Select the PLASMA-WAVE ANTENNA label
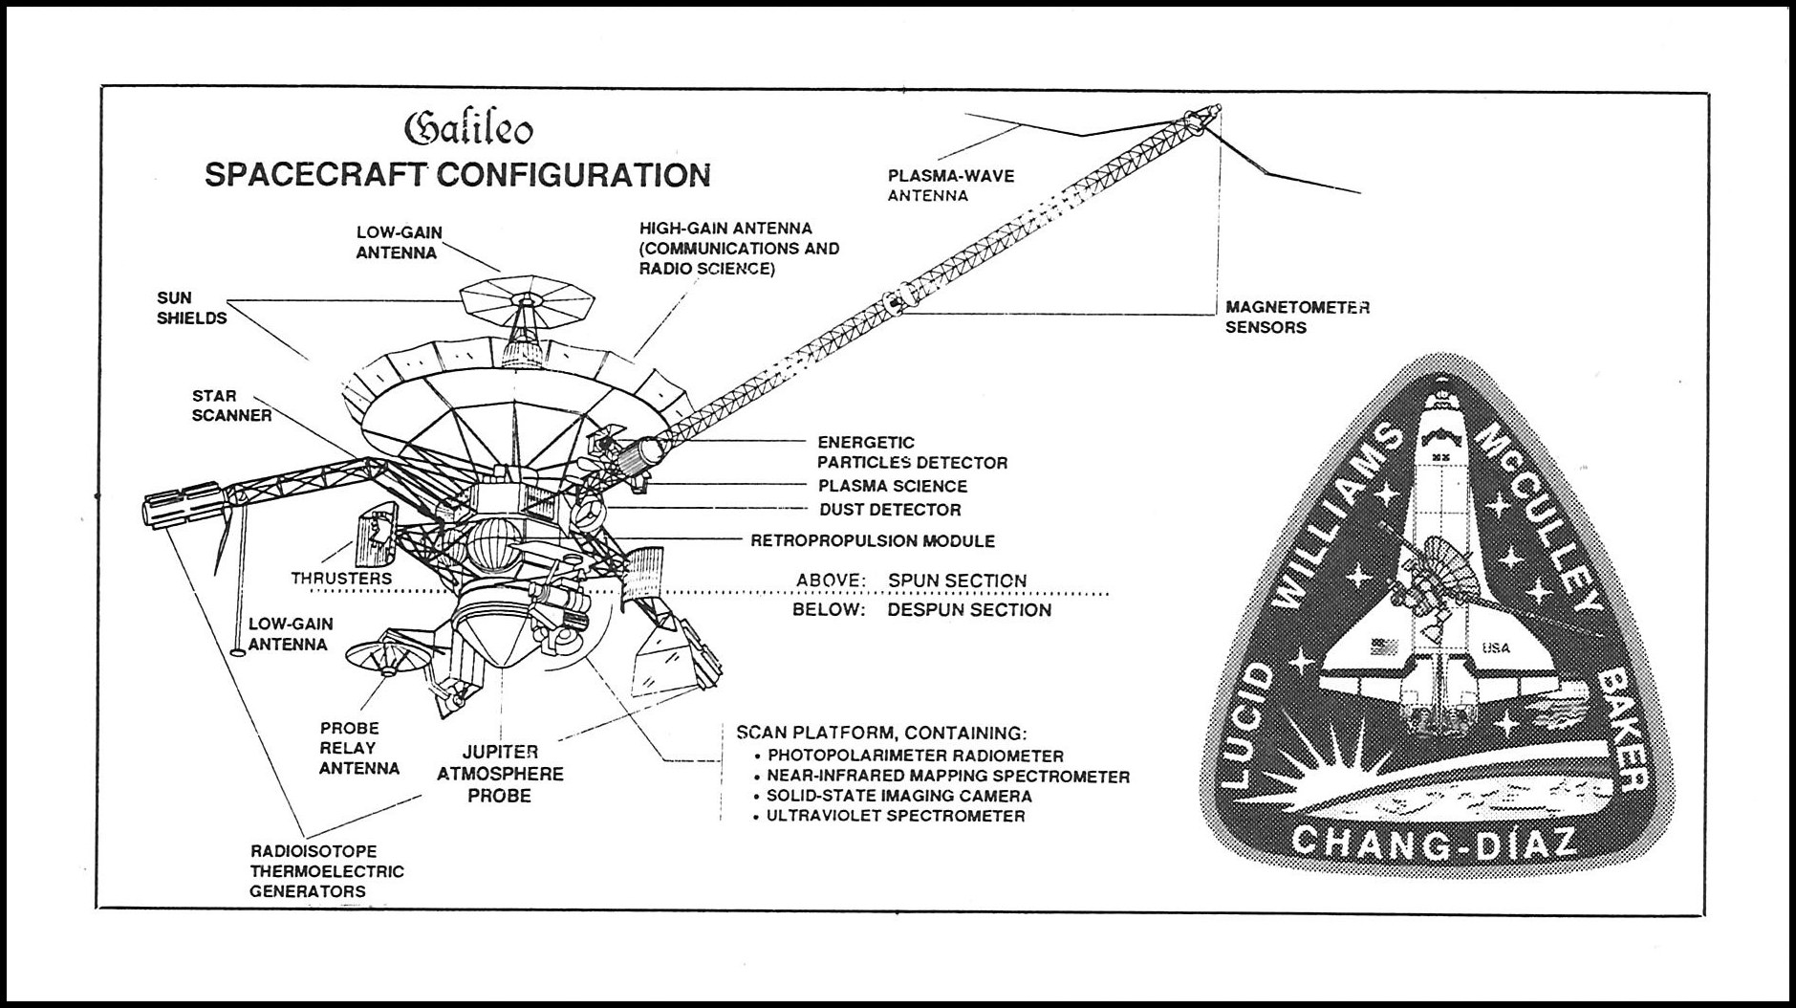pyautogui.click(x=951, y=186)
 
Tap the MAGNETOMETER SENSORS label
pyautogui.click(x=1298, y=317)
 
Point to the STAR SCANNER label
pyautogui.click(x=231, y=405)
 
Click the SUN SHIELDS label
pyautogui.click(x=192, y=307)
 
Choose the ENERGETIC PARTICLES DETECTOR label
pyautogui.click(x=912, y=452)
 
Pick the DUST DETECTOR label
pyautogui.click(x=890, y=510)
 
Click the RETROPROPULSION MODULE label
pyautogui.click(x=873, y=540)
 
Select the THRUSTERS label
pyautogui.click(x=341, y=578)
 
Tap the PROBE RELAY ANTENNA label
pyautogui.click(x=359, y=748)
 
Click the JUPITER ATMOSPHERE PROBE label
pyautogui.click(x=500, y=774)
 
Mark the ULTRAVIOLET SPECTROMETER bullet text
pyautogui.click(x=896, y=816)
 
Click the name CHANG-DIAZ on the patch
pyautogui.click(x=1431, y=844)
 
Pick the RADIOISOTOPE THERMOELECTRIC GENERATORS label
pyautogui.click(x=327, y=871)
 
